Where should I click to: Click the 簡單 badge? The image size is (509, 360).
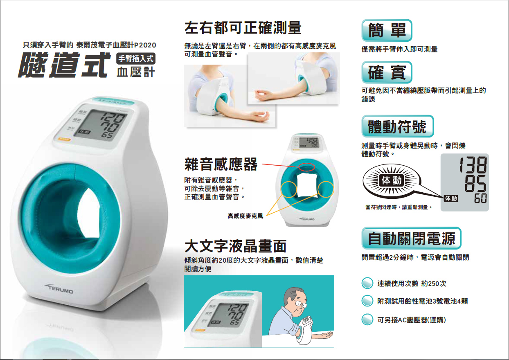(387, 30)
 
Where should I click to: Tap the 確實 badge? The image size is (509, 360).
(387, 72)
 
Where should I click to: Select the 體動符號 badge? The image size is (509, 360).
(398, 126)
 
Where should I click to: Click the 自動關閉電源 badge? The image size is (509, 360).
(411, 238)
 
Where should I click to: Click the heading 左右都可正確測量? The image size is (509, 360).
(243, 28)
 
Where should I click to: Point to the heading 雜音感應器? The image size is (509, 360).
(221, 164)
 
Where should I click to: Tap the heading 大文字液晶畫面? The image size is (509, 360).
(235, 246)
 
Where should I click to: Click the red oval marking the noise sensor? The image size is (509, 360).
(306, 167)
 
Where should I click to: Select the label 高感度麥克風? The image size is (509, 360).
(245, 216)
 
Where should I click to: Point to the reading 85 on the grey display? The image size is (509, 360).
(475, 184)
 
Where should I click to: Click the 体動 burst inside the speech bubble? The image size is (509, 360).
(392, 180)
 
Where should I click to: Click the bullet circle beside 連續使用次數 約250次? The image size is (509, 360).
(367, 283)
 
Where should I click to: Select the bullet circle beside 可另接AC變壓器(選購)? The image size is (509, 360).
(367, 319)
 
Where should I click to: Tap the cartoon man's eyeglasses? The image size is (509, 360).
(301, 303)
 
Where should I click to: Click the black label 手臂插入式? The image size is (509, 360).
(136, 59)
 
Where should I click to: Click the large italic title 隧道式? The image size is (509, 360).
(64, 65)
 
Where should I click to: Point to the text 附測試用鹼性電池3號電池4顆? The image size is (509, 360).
(423, 301)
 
